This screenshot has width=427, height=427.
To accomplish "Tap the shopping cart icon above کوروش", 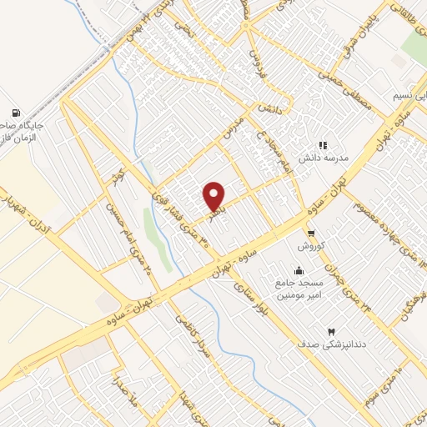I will pyautogui.click(x=310, y=234).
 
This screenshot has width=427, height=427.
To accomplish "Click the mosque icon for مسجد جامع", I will pyautogui.click(x=299, y=270).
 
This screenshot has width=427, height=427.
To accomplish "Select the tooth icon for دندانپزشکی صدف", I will pyautogui.click(x=332, y=333).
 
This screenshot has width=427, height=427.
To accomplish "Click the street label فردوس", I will pyautogui.click(x=254, y=54).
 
